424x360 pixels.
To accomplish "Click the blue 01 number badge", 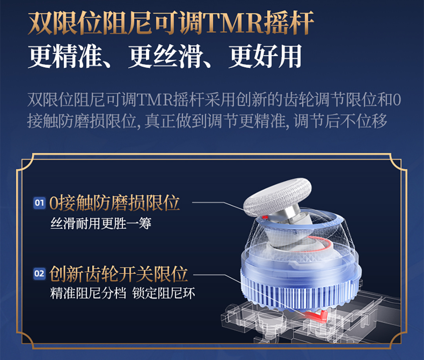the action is click(40, 203).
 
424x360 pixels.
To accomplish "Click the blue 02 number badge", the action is click(40, 274).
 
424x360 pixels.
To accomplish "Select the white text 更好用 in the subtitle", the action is click(265, 56).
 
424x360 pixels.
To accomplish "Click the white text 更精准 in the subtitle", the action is click(65, 56).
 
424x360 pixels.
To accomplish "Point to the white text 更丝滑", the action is click(165, 56).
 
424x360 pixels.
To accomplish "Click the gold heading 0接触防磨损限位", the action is click(114, 203).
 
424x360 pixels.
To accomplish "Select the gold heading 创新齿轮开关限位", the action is click(119, 274).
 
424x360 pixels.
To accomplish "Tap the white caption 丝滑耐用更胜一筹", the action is click(101, 224).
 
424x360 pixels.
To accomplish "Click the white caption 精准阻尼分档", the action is click(88, 293).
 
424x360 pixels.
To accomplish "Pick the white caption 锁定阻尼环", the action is click(164, 293).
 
